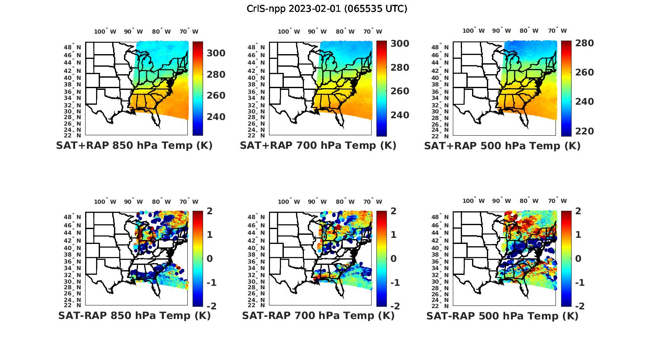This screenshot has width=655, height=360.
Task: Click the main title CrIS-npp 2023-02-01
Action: (x=327, y=9)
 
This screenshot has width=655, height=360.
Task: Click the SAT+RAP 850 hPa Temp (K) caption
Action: (x=134, y=146)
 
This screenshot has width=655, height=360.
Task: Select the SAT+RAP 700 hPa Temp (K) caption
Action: (x=318, y=146)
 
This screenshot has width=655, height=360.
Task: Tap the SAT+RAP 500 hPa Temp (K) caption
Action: (x=502, y=146)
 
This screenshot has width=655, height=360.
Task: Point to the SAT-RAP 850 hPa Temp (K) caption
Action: (x=134, y=315)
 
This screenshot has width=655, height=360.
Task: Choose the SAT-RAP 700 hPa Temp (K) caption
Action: (x=318, y=315)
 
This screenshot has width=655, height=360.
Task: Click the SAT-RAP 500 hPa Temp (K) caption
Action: (x=502, y=315)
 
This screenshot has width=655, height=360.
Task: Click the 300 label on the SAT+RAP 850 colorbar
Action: (x=216, y=53)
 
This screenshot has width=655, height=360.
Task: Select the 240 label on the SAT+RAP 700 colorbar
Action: (x=400, y=115)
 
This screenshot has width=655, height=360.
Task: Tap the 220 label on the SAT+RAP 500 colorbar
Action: (x=584, y=131)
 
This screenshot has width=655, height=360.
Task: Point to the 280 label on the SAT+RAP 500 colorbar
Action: (x=584, y=43)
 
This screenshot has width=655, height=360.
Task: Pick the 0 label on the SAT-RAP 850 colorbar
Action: (x=210, y=259)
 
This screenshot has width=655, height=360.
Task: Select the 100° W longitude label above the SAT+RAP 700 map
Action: (x=289, y=31)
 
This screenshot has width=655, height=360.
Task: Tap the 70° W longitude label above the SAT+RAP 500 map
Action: (x=557, y=31)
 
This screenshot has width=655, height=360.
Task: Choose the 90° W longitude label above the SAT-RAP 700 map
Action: (x=317, y=202)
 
